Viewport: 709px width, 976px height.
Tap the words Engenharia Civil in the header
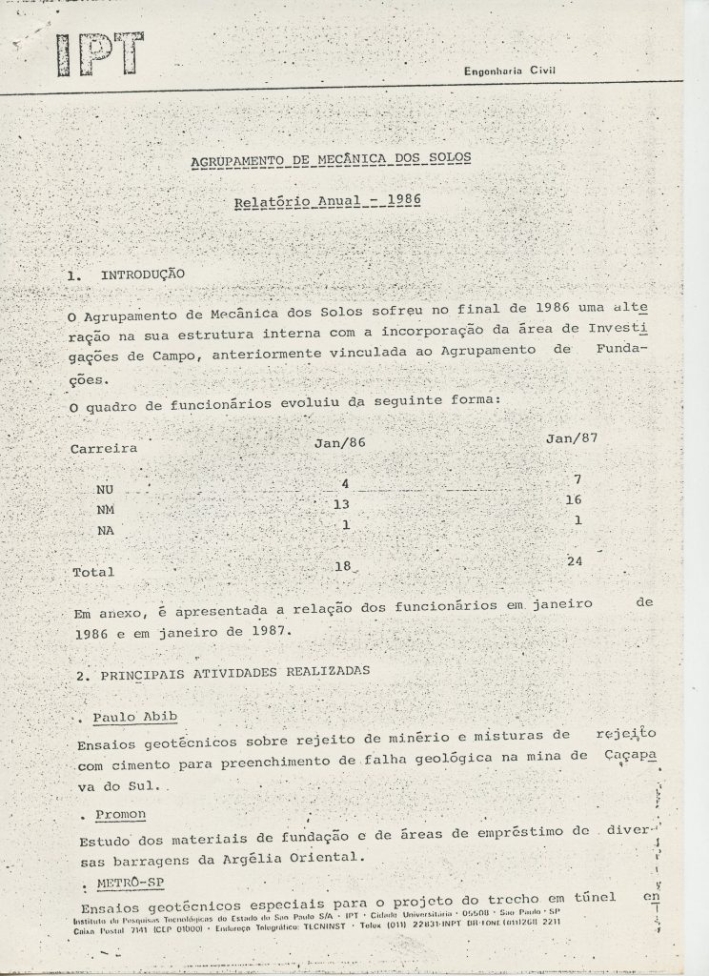click(x=509, y=71)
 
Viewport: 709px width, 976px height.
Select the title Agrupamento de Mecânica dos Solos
click(x=331, y=158)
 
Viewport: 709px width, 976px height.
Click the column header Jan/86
click(x=340, y=443)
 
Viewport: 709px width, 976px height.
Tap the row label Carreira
click(x=104, y=447)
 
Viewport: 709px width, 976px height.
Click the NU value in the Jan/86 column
click(x=346, y=484)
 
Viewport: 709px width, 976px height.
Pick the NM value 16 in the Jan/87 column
click(x=573, y=499)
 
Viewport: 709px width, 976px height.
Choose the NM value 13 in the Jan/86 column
click(x=343, y=504)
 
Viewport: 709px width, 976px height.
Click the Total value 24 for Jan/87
click(x=574, y=561)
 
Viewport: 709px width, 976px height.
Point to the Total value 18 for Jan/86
click(x=343, y=566)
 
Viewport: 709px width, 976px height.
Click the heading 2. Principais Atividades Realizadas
click(x=223, y=672)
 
